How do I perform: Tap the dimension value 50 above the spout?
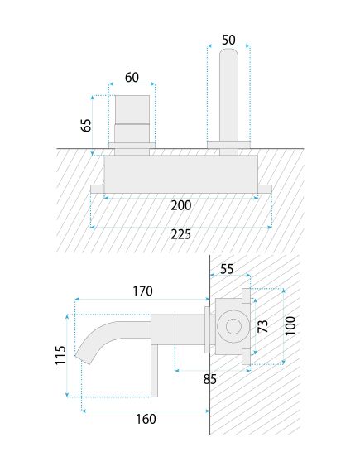[228, 39]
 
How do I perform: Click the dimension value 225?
[180, 234]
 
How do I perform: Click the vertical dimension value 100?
[290, 325]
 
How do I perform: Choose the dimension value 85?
[209, 380]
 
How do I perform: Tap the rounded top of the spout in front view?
[228, 57]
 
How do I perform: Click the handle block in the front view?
[132, 120]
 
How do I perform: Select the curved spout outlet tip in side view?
[85, 355]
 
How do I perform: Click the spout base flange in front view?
[228, 147]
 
